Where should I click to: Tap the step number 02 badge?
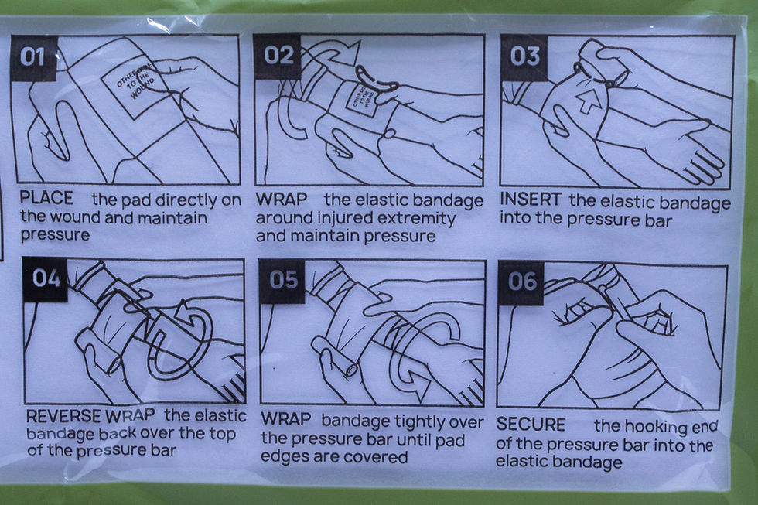[x=278, y=56]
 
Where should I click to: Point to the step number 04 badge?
[x=46, y=279]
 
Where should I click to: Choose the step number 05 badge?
[x=283, y=280]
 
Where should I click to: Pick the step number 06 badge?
[x=521, y=282]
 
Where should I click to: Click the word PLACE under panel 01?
[x=46, y=198]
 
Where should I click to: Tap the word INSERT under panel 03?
[x=531, y=199]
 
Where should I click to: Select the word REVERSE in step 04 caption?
[x=63, y=416]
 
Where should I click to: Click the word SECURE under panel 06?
[x=531, y=425]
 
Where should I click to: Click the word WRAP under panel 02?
[x=282, y=199]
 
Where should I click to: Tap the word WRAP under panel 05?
[x=286, y=419]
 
